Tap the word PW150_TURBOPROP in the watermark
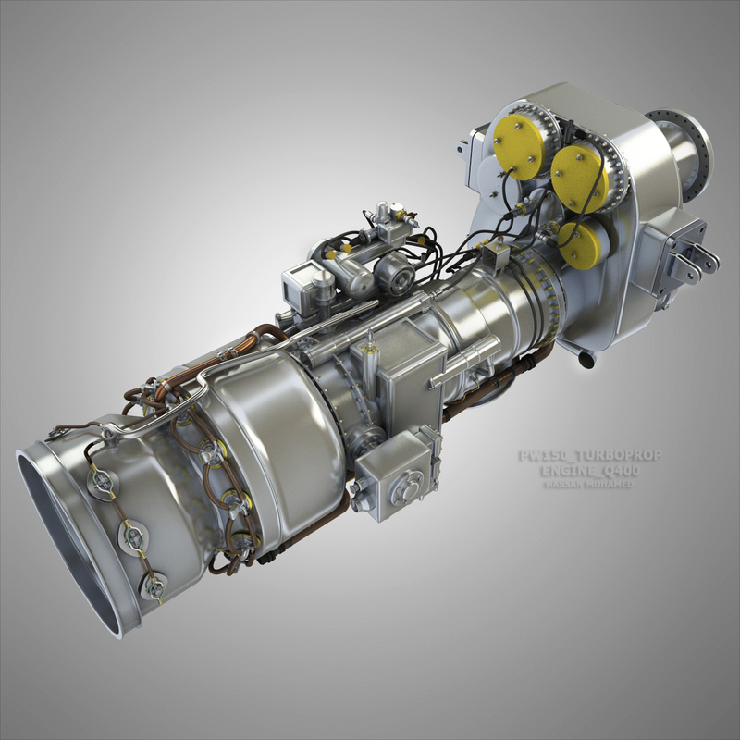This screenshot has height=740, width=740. coord(590,456)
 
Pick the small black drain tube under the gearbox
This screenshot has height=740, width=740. coord(585,359)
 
